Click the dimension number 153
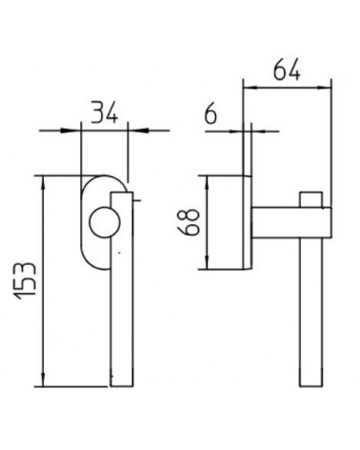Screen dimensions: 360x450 26,281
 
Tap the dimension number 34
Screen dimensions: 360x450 105,112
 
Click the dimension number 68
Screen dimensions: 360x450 189,222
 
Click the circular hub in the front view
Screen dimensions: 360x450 105,222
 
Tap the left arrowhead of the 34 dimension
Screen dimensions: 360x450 70,131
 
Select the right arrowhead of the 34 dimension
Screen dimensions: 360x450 138,131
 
